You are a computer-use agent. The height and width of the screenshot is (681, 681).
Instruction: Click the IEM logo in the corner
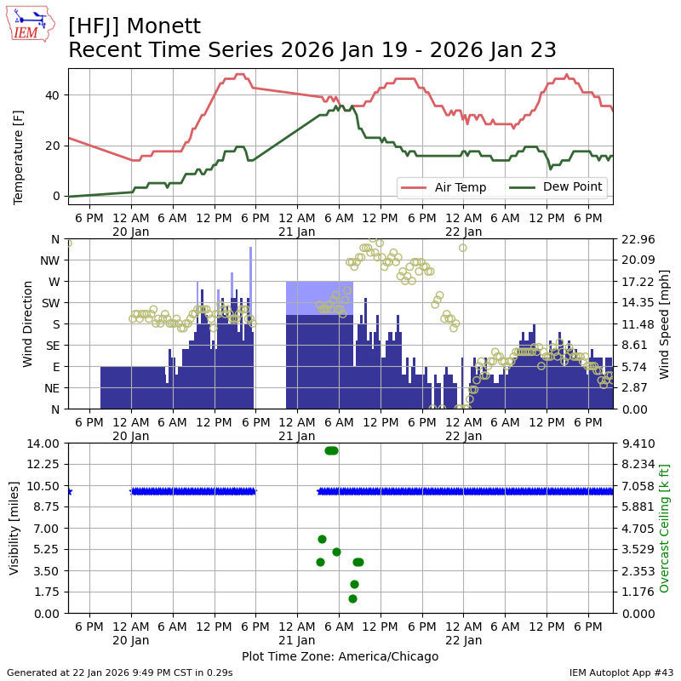31,24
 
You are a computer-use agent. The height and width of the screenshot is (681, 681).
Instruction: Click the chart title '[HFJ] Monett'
134,26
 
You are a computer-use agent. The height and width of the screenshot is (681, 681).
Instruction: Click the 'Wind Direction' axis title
28,324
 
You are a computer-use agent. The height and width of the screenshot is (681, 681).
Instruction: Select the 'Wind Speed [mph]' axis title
665,324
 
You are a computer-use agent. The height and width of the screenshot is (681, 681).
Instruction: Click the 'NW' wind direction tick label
50,260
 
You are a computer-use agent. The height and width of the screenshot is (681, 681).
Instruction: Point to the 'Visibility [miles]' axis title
14,528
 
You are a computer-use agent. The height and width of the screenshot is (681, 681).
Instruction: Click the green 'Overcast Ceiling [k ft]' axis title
665,528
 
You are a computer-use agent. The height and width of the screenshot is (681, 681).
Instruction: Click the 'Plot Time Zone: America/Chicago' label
340,656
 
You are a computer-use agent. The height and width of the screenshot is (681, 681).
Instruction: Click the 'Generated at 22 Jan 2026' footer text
120,672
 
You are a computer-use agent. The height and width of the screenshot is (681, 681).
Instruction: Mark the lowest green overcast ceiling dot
352,598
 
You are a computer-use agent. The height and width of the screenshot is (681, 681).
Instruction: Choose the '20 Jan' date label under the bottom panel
131,643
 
